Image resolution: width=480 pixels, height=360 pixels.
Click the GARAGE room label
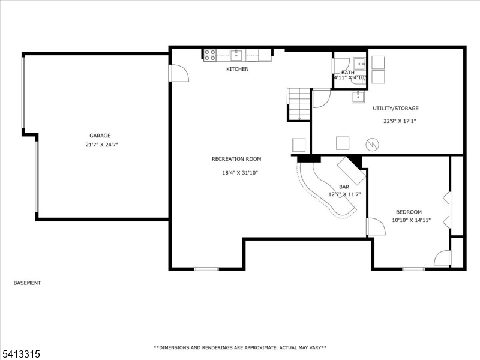[100, 136]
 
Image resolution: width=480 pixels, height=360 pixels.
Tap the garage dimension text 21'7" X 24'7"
[101, 145]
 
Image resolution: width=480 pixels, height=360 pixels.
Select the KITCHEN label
[237, 69]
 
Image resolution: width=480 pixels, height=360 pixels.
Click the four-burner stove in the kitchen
[210, 55]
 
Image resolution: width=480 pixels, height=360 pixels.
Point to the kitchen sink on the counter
[236, 55]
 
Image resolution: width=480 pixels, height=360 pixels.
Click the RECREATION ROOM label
[236, 159]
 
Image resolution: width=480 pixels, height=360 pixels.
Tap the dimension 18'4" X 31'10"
[240, 173]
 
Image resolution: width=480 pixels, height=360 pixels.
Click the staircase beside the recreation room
[298, 104]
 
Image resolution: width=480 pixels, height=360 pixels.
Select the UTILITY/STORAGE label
[395, 109]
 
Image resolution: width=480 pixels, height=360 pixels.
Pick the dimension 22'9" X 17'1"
[400, 121]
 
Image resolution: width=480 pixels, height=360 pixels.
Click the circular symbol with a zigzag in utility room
[372, 144]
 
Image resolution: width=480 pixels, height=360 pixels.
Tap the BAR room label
[344, 187]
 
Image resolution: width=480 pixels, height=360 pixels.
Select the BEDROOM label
[409, 212]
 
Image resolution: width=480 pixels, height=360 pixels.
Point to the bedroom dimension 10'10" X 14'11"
[412, 220]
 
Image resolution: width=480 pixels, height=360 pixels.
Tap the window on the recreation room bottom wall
[206, 269]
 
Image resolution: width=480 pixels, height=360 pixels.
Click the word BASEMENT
[27, 283]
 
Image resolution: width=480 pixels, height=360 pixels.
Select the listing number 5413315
[20, 354]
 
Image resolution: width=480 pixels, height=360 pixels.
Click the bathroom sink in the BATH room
[359, 64]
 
